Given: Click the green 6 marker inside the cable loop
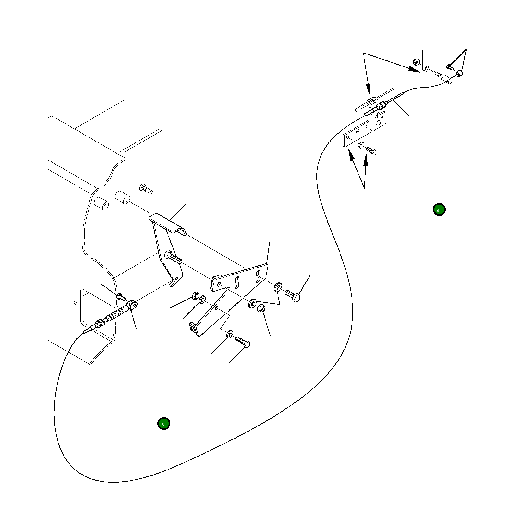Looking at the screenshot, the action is [164, 424].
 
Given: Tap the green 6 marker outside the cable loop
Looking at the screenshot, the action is [439, 209].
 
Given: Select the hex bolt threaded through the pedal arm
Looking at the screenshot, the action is [174, 257].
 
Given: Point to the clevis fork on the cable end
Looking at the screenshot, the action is [132, 305].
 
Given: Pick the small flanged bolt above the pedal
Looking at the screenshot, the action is [146, 189].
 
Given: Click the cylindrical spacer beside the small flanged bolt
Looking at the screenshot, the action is [122, 198].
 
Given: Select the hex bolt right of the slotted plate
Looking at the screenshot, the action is [293, 295].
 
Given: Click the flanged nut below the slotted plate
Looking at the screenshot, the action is [261, 308].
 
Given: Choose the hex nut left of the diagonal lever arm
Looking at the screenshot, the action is [195, 296].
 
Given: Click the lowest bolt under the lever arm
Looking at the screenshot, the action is [243, 342].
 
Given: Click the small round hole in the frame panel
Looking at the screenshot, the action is [75, 303].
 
